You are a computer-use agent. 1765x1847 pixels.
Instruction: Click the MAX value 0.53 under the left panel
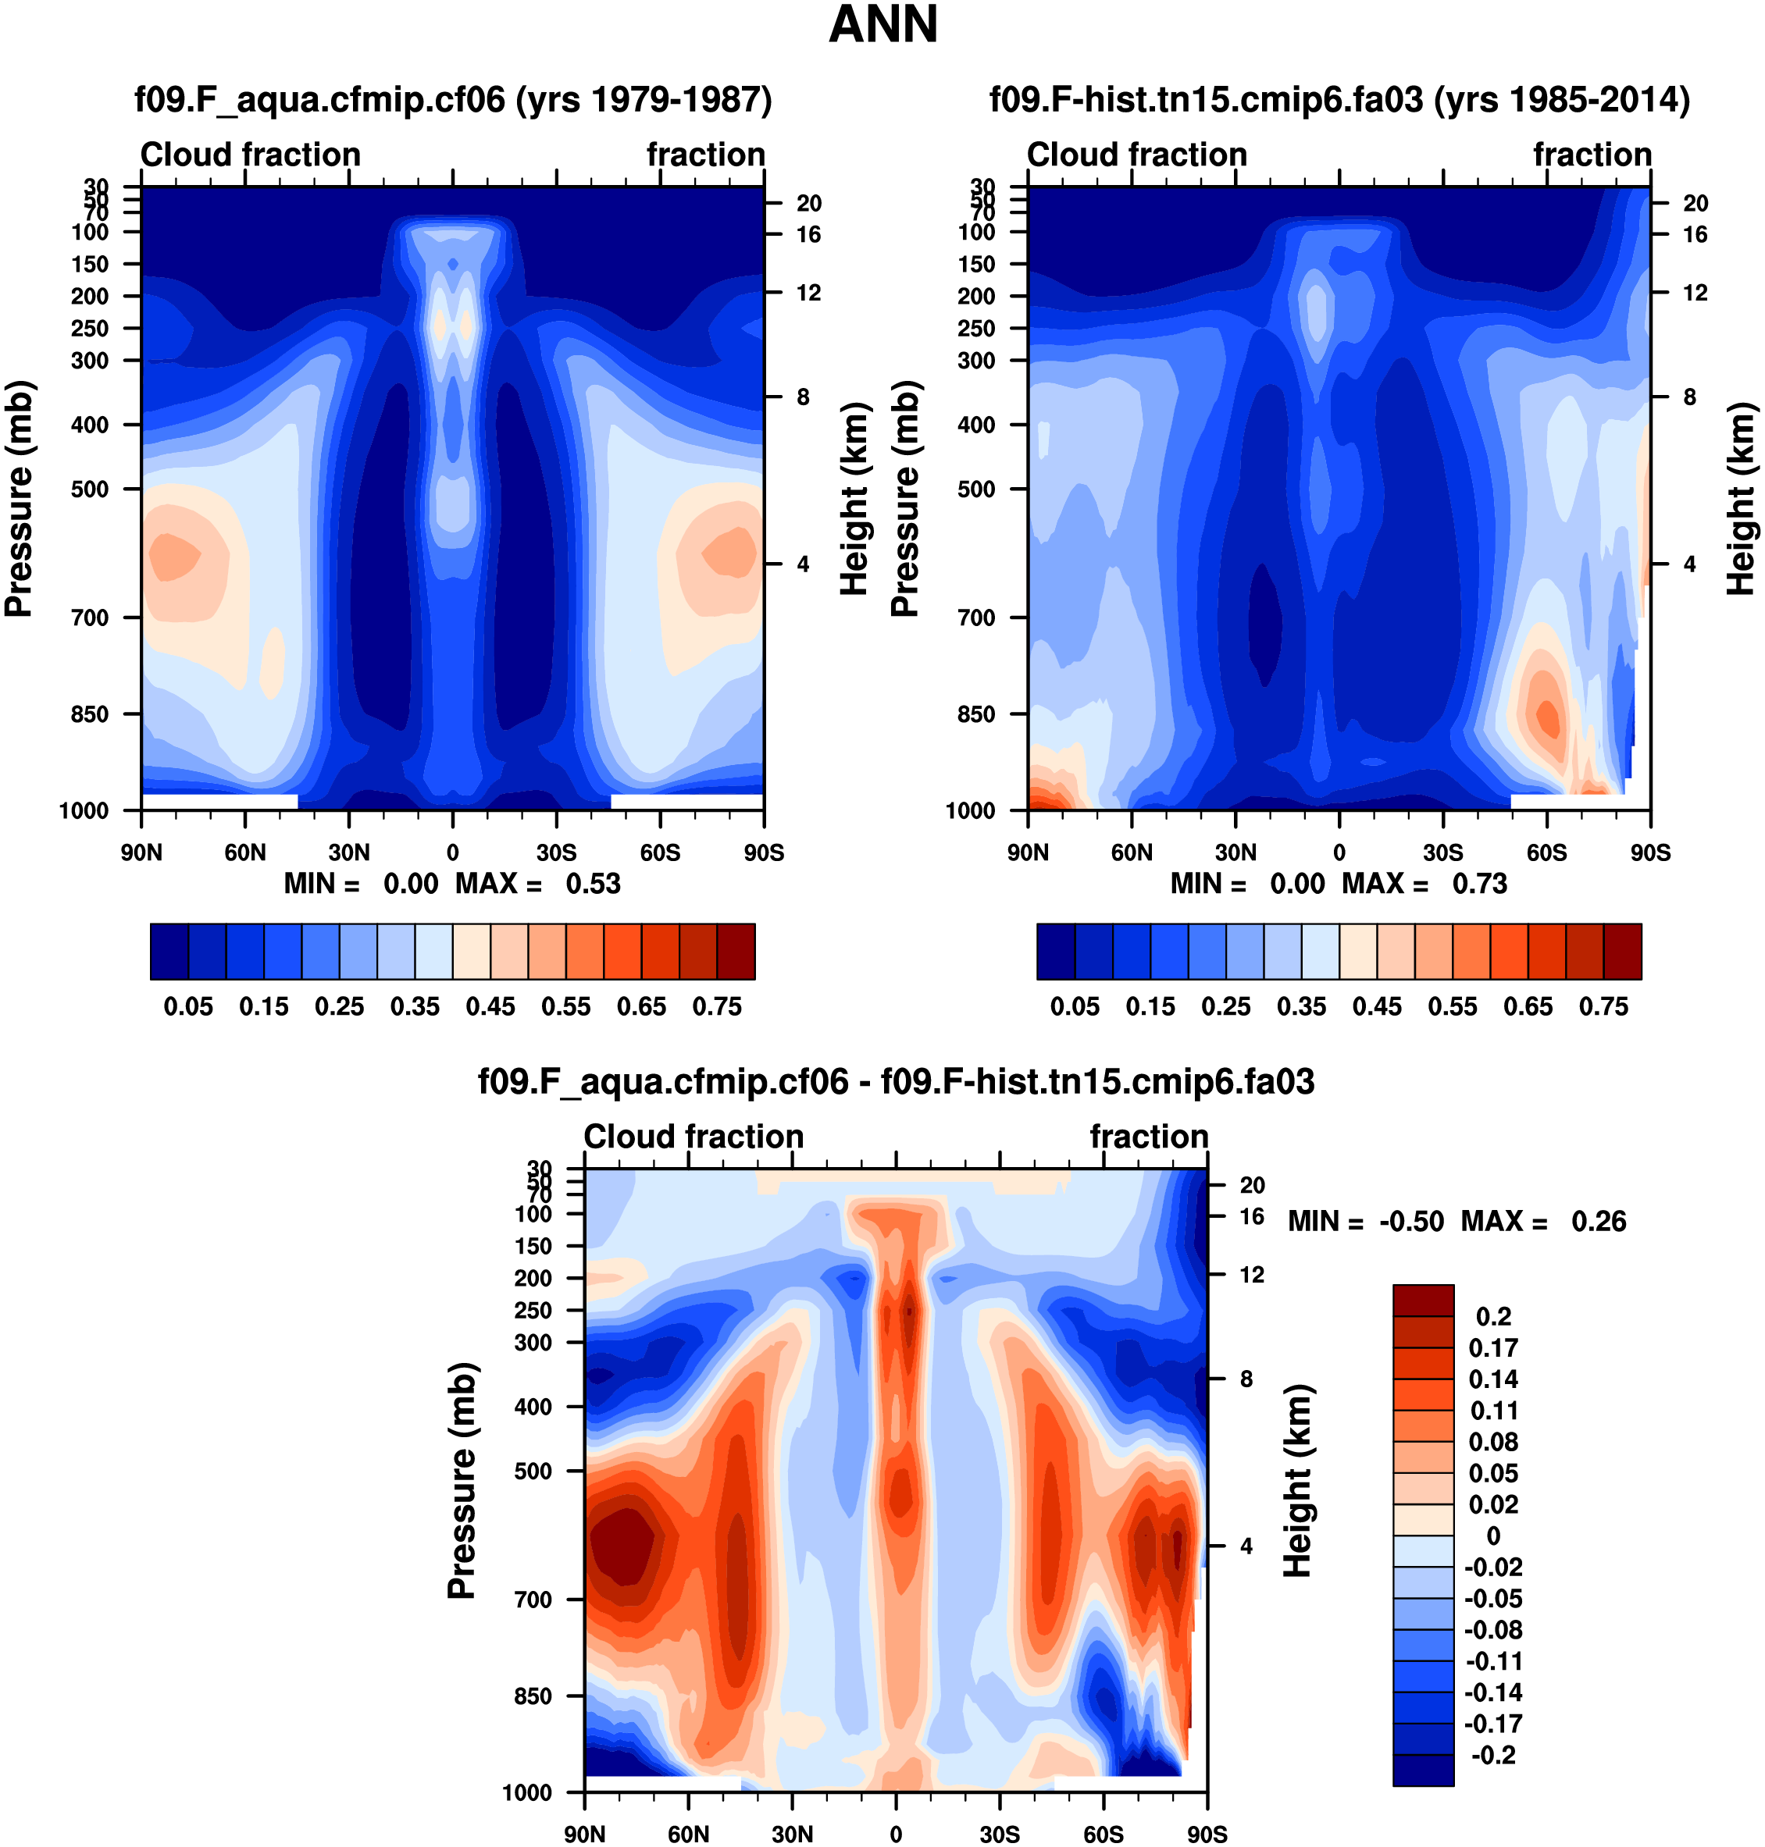pos(593,884)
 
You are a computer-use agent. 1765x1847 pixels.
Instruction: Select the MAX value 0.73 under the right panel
pos(1479,884)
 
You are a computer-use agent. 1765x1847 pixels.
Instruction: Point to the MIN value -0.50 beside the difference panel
pos(1411,1222)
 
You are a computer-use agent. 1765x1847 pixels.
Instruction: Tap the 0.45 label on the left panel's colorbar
pos(490,1006)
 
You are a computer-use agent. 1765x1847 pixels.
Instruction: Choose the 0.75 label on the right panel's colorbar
pos(1603,1006)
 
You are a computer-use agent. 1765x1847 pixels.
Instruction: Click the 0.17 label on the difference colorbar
pos(1493,1347)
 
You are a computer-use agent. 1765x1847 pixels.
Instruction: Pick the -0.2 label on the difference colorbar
pos(1493,1755)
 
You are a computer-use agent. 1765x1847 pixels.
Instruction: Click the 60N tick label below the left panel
pos(245,853)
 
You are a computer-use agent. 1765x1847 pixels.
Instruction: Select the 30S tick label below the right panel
pos(1442,853)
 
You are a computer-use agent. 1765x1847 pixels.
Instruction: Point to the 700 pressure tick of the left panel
pos(91,617)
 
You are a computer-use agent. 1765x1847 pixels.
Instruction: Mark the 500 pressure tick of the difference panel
pos(533,1471)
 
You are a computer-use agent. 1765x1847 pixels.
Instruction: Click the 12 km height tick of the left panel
pos(808,294)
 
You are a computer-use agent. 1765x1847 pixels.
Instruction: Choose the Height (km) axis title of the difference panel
pos(1297,1480)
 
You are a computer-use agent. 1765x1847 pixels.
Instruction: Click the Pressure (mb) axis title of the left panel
pos(19,498)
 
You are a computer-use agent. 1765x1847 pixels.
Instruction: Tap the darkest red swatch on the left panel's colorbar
pos(736,952)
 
